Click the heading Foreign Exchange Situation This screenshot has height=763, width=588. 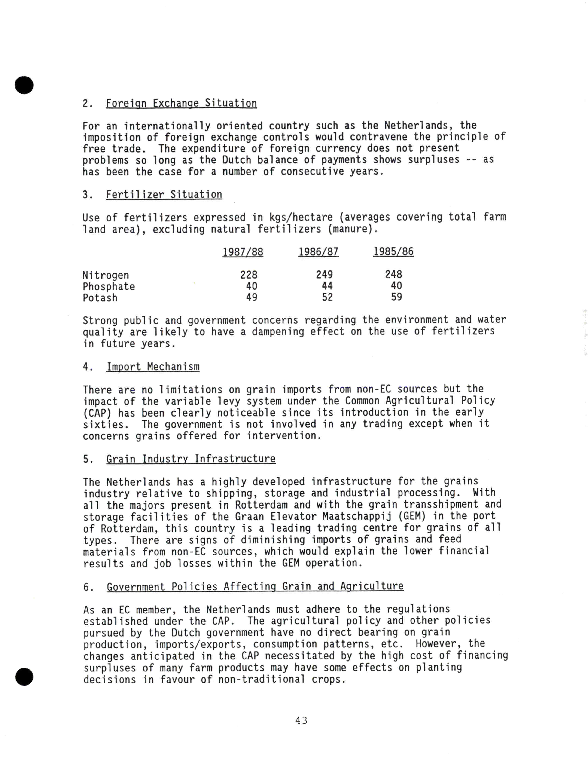pyautogui.click(x=181, y=103)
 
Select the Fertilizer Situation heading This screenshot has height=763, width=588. pyautogui.click(x=164, y=195)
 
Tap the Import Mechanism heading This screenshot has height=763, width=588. pyautogui.click(x=153, y=367)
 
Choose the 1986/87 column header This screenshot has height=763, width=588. pyautogui.click(x=318, y=252)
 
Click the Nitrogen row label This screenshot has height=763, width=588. pyautogui.click(x=105, y=275)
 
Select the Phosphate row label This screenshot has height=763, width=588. pyautogui.click(x=109, y=286)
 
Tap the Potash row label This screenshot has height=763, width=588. pyautogui.click(x=100, y=298)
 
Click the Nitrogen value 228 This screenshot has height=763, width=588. pyautogui.click(x=249, y=275)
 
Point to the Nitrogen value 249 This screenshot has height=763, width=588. pyautogui.click(x=324, y=275)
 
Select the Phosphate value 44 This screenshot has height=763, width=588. pyautogui.click(x=327, y=286)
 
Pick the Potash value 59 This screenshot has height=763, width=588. pyautogui.click(x=396, y=297)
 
